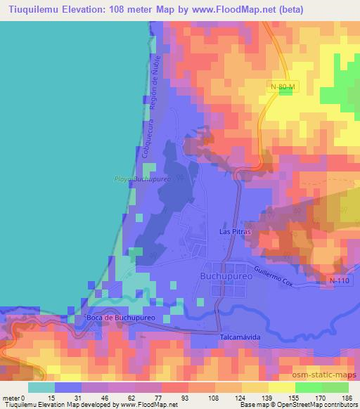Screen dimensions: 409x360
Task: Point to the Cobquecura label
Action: click(x=149, y=141)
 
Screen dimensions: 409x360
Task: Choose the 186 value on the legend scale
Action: click(x=347, y=398)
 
